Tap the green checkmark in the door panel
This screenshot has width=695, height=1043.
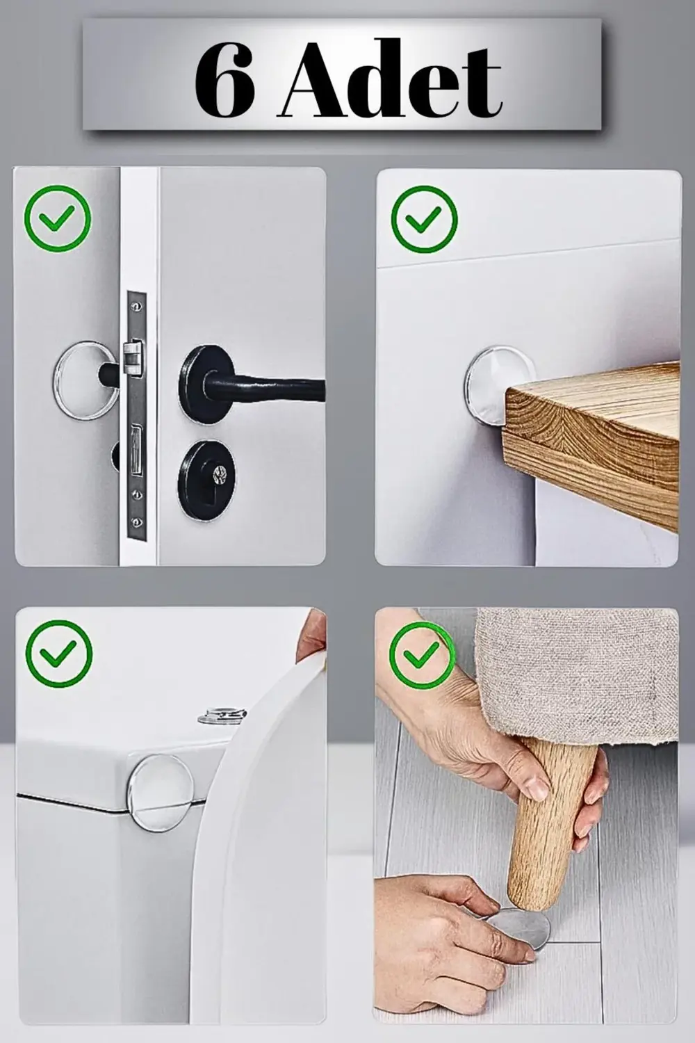pyautogui.click(x=58, y=218)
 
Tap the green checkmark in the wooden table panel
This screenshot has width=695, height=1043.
pyautogui.click(x=424, y=219)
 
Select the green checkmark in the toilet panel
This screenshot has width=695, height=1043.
pyautogui.click(x=59, y=654)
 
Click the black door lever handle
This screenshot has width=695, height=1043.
pyautogui.click(x=252, y=384)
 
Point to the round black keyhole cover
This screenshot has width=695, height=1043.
pyautogui.click(x=206, y=480)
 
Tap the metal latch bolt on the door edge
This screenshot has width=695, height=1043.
pyautogui.click(x=133, y=357)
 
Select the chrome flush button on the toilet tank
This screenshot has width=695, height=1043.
pyautogui.click(x=222, y=715)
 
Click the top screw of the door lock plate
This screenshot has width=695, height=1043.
pyautogui.click(x=136, y=306)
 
